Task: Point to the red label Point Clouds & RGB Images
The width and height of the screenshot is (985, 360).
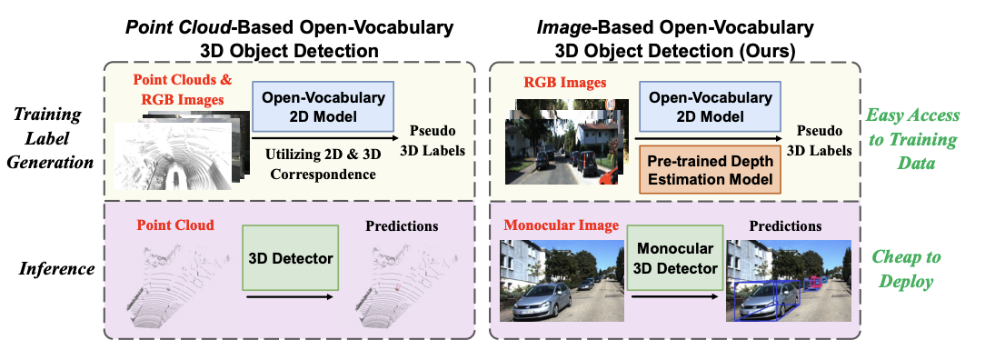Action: point(183,89)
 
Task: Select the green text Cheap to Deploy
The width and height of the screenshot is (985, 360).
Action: point(910,270)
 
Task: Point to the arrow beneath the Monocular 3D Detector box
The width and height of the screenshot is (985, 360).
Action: point(673,297)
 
